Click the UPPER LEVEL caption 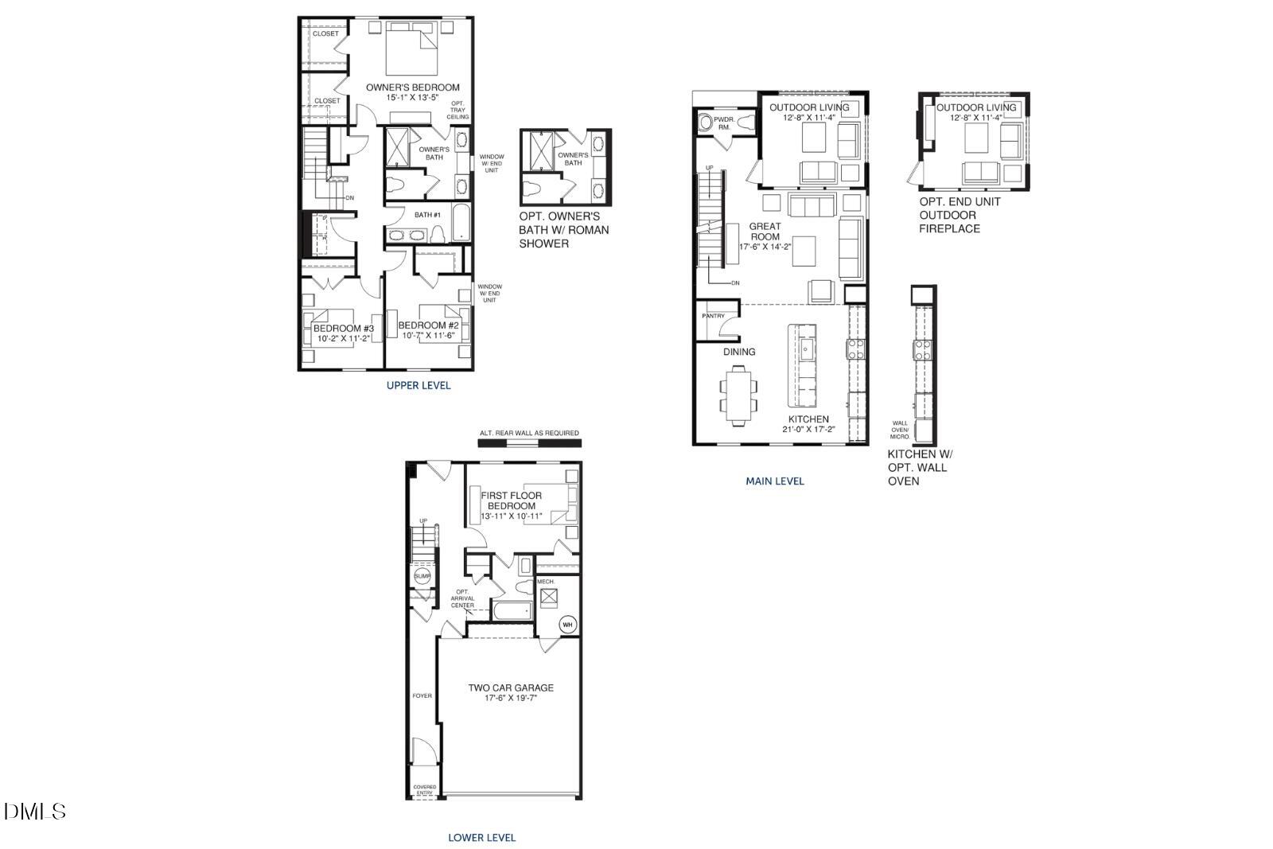418,386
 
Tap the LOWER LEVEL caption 482,838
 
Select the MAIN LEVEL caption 775,481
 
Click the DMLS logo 35,812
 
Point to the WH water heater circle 567,625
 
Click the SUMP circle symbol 422,576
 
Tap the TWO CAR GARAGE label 510,688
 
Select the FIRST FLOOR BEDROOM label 511,500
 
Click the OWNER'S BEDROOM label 412,88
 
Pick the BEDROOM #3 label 343,329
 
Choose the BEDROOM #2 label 429,325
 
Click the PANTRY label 714,317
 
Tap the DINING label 739,352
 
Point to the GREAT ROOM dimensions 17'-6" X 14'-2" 765,247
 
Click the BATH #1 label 427,215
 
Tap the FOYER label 422,696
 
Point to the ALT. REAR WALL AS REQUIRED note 529,434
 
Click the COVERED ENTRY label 424,790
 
